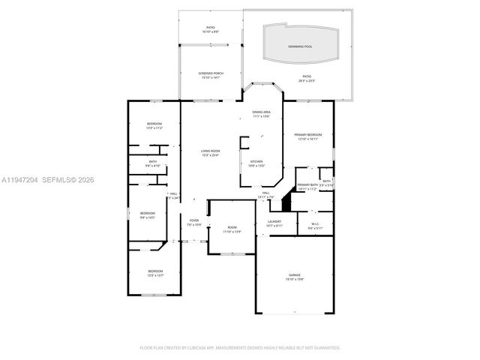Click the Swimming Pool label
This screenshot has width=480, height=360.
pyautogui.click(x=301, y=46)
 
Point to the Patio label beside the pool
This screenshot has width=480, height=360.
pyautogui.click(x=306, y=78)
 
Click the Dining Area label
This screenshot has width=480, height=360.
pyautogui.click(x=261, y=114)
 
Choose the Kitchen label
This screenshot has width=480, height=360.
pyautogui.click(x=256, y=163)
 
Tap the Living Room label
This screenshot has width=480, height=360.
pyautogui.click(x=210, y=153)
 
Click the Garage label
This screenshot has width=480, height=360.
pyautogui.click(x=295, y=277)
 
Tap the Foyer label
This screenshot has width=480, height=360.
pyautogui.click(x=193, y=222)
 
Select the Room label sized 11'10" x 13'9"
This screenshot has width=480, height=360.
pyautogui.click(x=232, y=229)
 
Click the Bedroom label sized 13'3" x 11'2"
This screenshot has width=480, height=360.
pyautogui.click(x=154, y=125)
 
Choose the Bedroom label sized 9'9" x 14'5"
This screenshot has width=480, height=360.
pyautogui.click(x=148, y=215)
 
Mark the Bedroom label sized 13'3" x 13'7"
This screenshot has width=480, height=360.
pyautogui.click(x=155, y=272)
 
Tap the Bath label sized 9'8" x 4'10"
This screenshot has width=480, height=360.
pyautogui.click(x=152, y=163)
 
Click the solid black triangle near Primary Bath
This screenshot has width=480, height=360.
pyautogui.click(x=285, y=202)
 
